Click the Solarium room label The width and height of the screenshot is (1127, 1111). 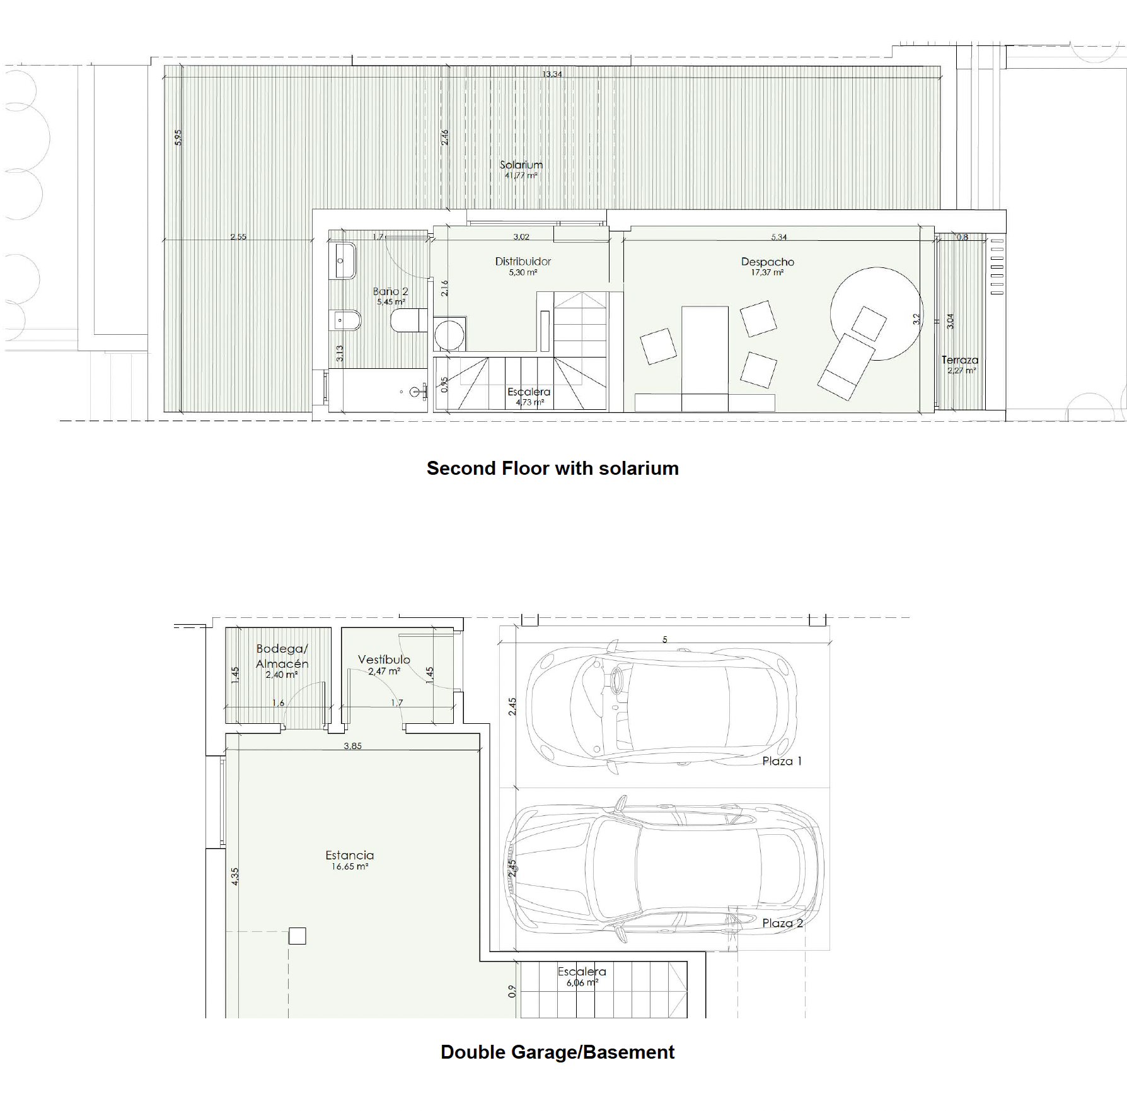point(521,165)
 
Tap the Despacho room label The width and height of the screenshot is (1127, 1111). point(767,262)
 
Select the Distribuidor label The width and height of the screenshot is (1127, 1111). point(523,261)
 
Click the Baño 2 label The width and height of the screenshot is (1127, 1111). point(390,291)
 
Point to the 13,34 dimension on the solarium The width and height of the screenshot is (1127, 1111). point(552,74)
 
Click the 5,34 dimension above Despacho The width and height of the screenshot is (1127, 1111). point(779,237)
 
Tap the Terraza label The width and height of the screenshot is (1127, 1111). point(959,360)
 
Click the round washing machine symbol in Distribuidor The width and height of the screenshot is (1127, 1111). point(450,334)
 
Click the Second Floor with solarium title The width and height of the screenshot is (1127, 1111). point(552,468)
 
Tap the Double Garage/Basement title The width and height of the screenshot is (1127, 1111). point(557,1052)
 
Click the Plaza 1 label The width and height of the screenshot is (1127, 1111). point(782,761)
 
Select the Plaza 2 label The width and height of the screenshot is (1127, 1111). point(782,923)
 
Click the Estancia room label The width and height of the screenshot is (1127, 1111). point(349,856)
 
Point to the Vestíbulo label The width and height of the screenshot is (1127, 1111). point(384,660)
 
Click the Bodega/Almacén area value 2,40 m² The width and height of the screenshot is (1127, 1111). point(281,675)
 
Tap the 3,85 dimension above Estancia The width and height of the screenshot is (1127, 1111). point(352,746)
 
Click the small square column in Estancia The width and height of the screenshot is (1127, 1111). point(297,936)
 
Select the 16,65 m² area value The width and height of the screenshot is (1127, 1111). point(350,866)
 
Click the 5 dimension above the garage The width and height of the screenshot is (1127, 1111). point(664,640)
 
